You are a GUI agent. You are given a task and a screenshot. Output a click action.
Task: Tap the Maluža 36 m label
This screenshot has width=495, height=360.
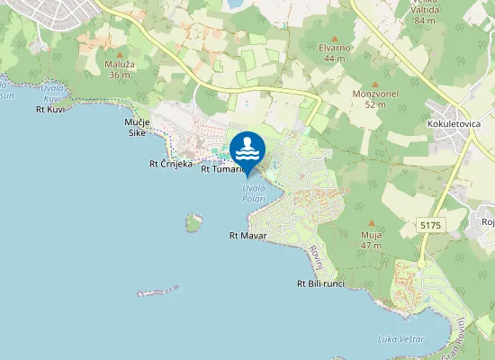point(119,69)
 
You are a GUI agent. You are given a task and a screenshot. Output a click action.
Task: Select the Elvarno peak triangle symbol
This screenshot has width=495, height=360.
point(335,38)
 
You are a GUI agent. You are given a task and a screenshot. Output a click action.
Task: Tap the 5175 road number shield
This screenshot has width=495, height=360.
point(431,221)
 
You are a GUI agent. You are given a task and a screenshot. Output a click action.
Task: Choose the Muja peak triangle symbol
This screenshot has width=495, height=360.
point(372,223)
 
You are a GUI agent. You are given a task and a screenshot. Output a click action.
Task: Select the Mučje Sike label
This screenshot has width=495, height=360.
point(137,127)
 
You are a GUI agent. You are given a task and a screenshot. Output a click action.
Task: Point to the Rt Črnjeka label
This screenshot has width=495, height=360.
point(171,164)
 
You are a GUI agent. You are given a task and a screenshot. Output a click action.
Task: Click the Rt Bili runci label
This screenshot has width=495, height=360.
point(320,283)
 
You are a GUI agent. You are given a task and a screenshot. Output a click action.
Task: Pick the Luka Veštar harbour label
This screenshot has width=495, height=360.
point(400,339)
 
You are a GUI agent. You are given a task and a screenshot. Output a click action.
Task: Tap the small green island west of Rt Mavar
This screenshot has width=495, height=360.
point(193,221)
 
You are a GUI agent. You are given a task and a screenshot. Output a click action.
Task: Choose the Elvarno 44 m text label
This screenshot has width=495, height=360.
point(334,53)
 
